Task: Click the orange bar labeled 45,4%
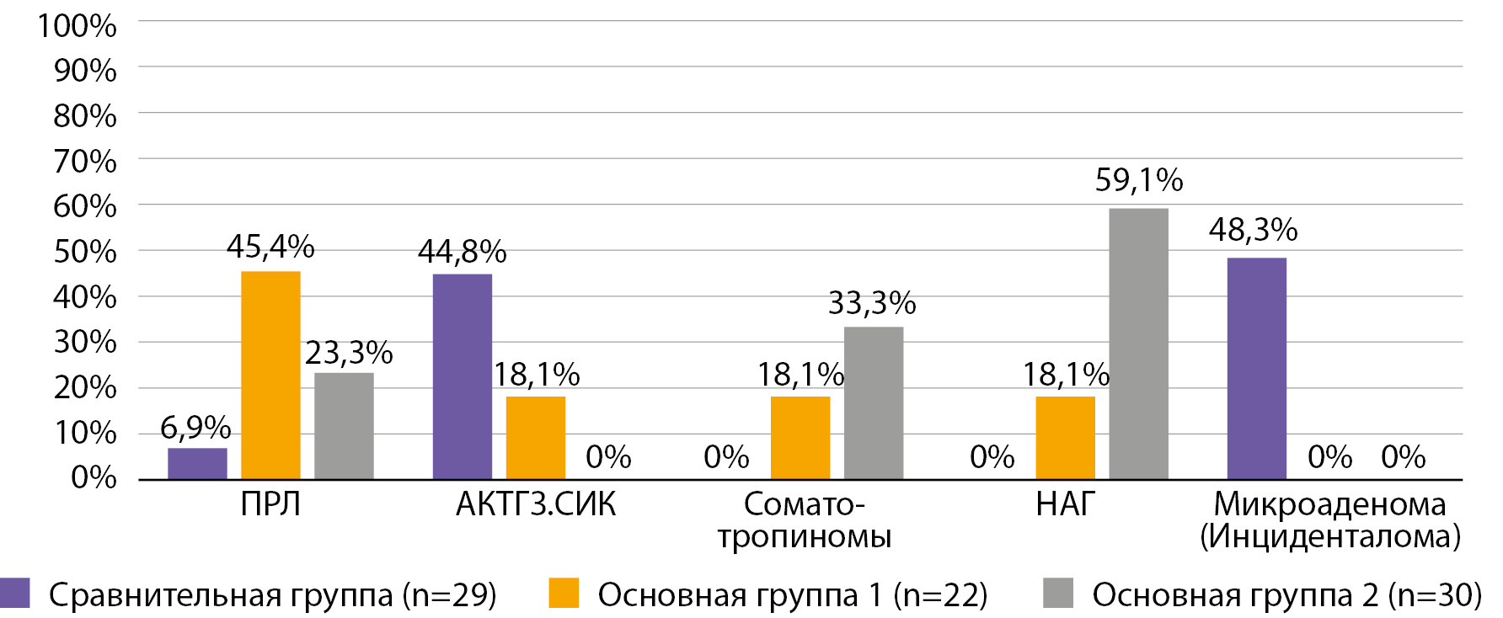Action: coord(270,375)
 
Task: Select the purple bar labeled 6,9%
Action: coord(197,464)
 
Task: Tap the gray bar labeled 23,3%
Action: coord(344,426)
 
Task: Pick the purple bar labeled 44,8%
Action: coord(462,376)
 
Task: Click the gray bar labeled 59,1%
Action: coord(1138,344)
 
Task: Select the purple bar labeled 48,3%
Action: coord(1256,369)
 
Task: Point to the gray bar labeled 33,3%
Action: coord(874,402)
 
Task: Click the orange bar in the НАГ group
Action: coord(1065,438)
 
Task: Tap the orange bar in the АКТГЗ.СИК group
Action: coord(535,438)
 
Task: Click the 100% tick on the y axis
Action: coord(77,25)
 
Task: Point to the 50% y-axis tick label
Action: coord(84,251)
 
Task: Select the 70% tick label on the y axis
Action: coord(84,161)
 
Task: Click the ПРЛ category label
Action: coord(270,504)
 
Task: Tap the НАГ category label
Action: coord(1065,504)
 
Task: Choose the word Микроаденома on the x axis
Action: coord(1329,504)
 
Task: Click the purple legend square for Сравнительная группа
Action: coord(15,593)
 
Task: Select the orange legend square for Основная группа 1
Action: coord(564,593)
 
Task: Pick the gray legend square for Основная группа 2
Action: coord(1058,593)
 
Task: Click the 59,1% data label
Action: coord(1138,180)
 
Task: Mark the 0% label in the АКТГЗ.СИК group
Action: coord(608,457)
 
